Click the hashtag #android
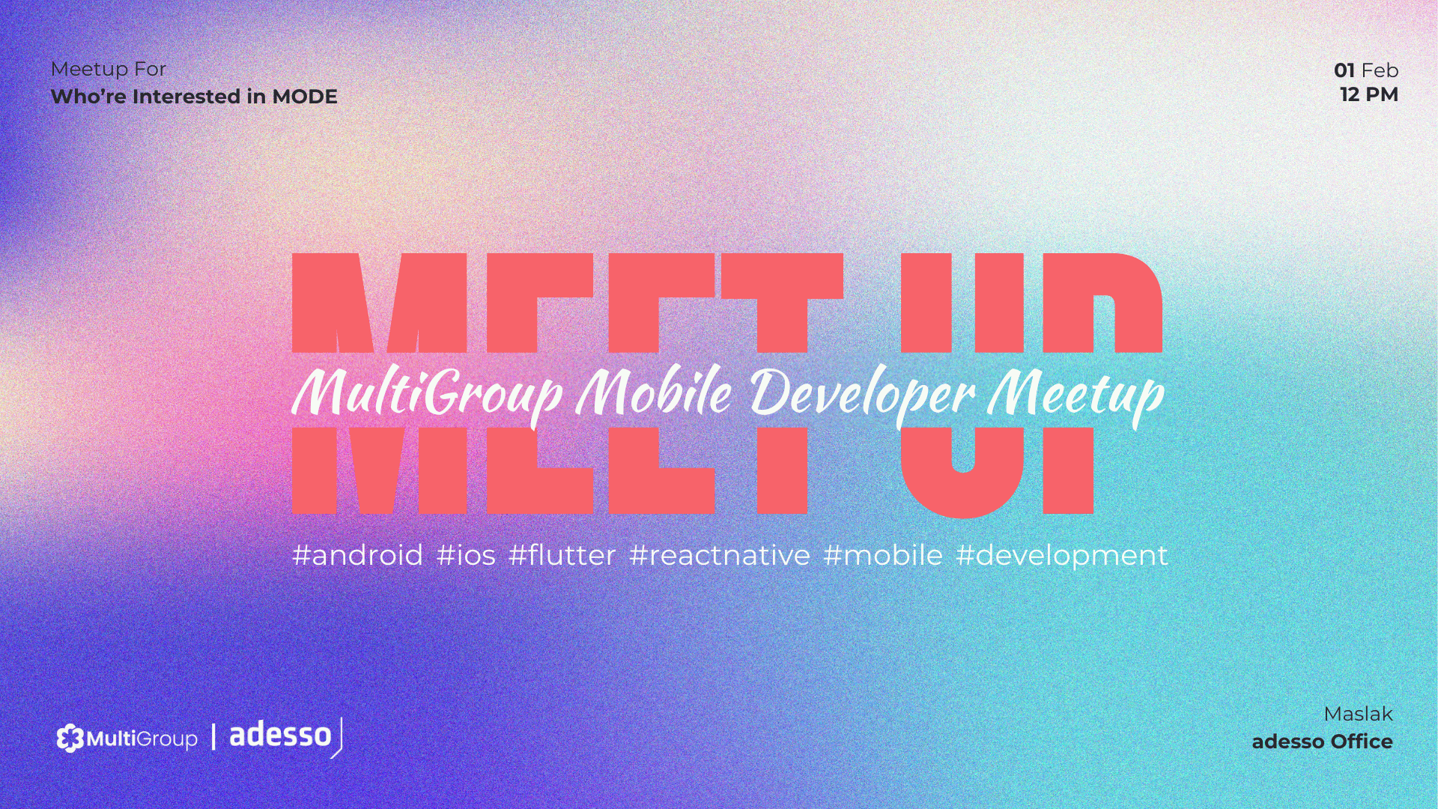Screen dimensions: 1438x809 358,556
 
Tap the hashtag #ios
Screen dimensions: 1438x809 466,556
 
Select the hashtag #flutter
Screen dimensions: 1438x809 562,555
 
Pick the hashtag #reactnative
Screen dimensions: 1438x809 720,556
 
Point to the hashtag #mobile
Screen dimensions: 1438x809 883,555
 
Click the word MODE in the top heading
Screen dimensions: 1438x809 305,97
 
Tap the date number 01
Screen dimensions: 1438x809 1344,70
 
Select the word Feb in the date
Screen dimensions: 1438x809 1380,70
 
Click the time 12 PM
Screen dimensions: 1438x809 1369,94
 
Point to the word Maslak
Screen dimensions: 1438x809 1358,714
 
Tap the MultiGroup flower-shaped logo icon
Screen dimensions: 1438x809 70,739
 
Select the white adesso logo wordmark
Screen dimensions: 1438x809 281,735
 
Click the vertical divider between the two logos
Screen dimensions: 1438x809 213,736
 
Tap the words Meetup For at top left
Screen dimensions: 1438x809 109,70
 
